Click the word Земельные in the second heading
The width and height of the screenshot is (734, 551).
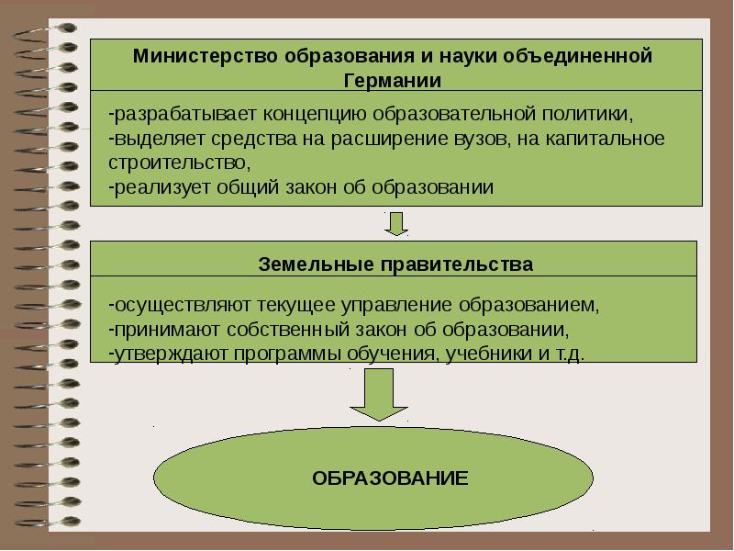click(305, 264)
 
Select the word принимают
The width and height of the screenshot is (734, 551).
click(156, 329)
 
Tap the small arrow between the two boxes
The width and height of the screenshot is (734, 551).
click(396, 223)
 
